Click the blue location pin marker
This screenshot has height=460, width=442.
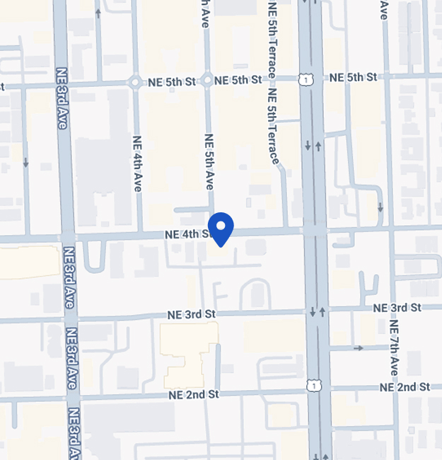(x=221, y=228)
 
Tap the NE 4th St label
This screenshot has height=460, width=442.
(x=187, y=234)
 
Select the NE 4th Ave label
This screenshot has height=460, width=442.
(x=137, y=163)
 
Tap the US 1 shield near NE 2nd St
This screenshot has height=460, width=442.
(x=312, y=384)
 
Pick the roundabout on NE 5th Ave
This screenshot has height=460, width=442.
(x=207, y=81)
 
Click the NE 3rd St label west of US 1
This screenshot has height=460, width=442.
(x=191, y=314)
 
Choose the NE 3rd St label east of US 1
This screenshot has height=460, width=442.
(x=396, y=308)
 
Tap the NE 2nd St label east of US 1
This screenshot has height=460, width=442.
(x=405, y=387)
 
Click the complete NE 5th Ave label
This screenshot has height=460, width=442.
(x=209, y=161)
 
